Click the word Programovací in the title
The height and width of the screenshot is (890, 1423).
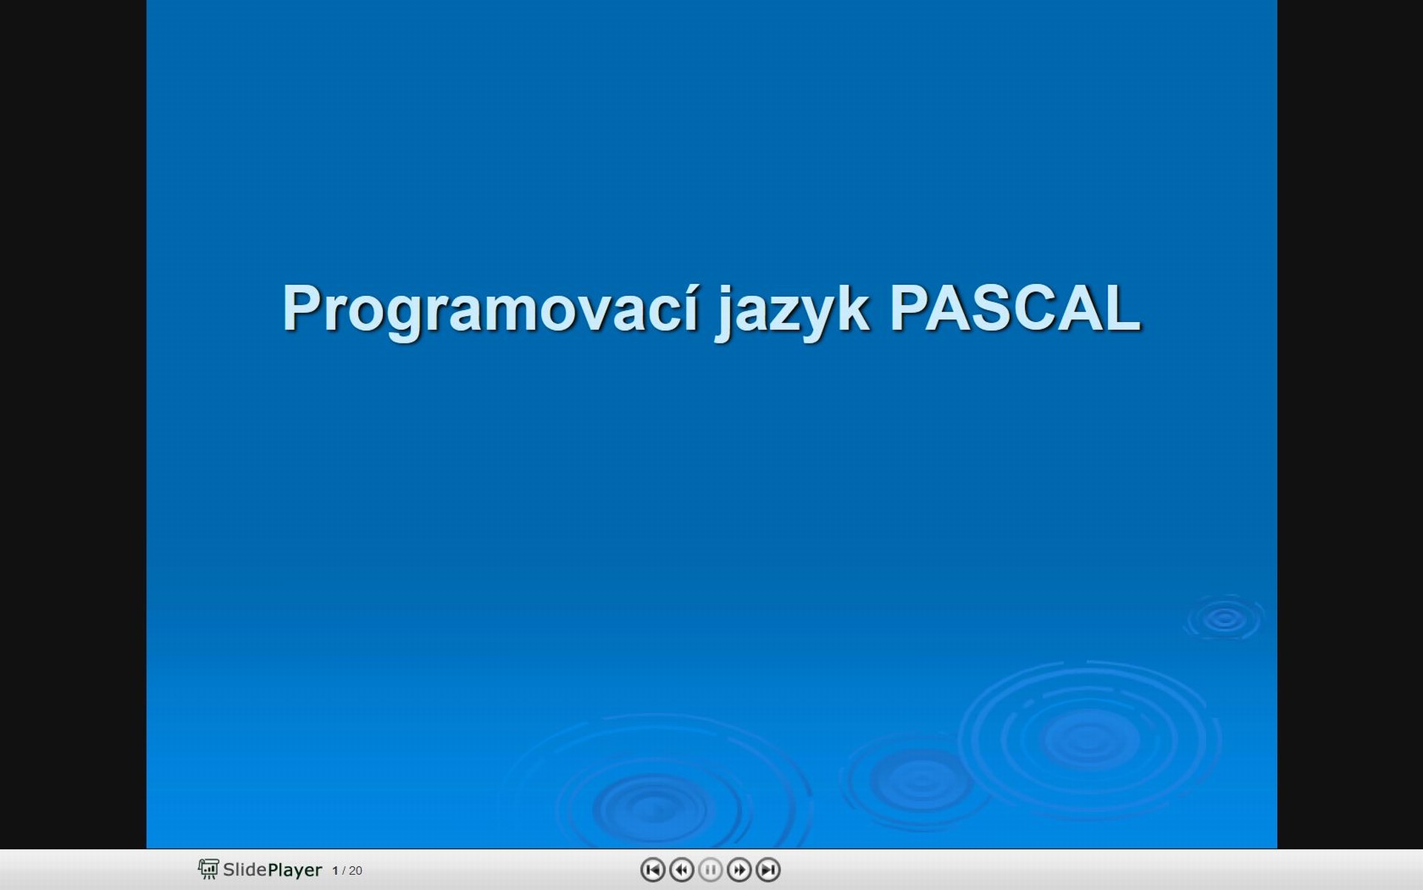click(x=491, y=310)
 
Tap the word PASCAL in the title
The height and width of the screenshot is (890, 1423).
click(x=1015, y=307)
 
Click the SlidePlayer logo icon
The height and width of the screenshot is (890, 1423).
click(x=208, y=869)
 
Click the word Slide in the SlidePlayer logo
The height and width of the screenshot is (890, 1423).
click(x=245, y=869)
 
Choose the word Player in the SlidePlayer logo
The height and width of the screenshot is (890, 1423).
click(x=295, y=870)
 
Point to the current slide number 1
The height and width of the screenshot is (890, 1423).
click(x=335, y=871)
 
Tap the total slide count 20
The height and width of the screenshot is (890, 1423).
click(x=356, y=871)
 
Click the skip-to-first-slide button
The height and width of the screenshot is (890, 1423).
click(x=652, y=869)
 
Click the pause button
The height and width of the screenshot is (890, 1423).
click(x=710, y=869)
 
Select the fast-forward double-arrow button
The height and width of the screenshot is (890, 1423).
click(x=739, y=869)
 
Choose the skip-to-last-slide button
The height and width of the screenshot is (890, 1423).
click(x=768, y=869)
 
